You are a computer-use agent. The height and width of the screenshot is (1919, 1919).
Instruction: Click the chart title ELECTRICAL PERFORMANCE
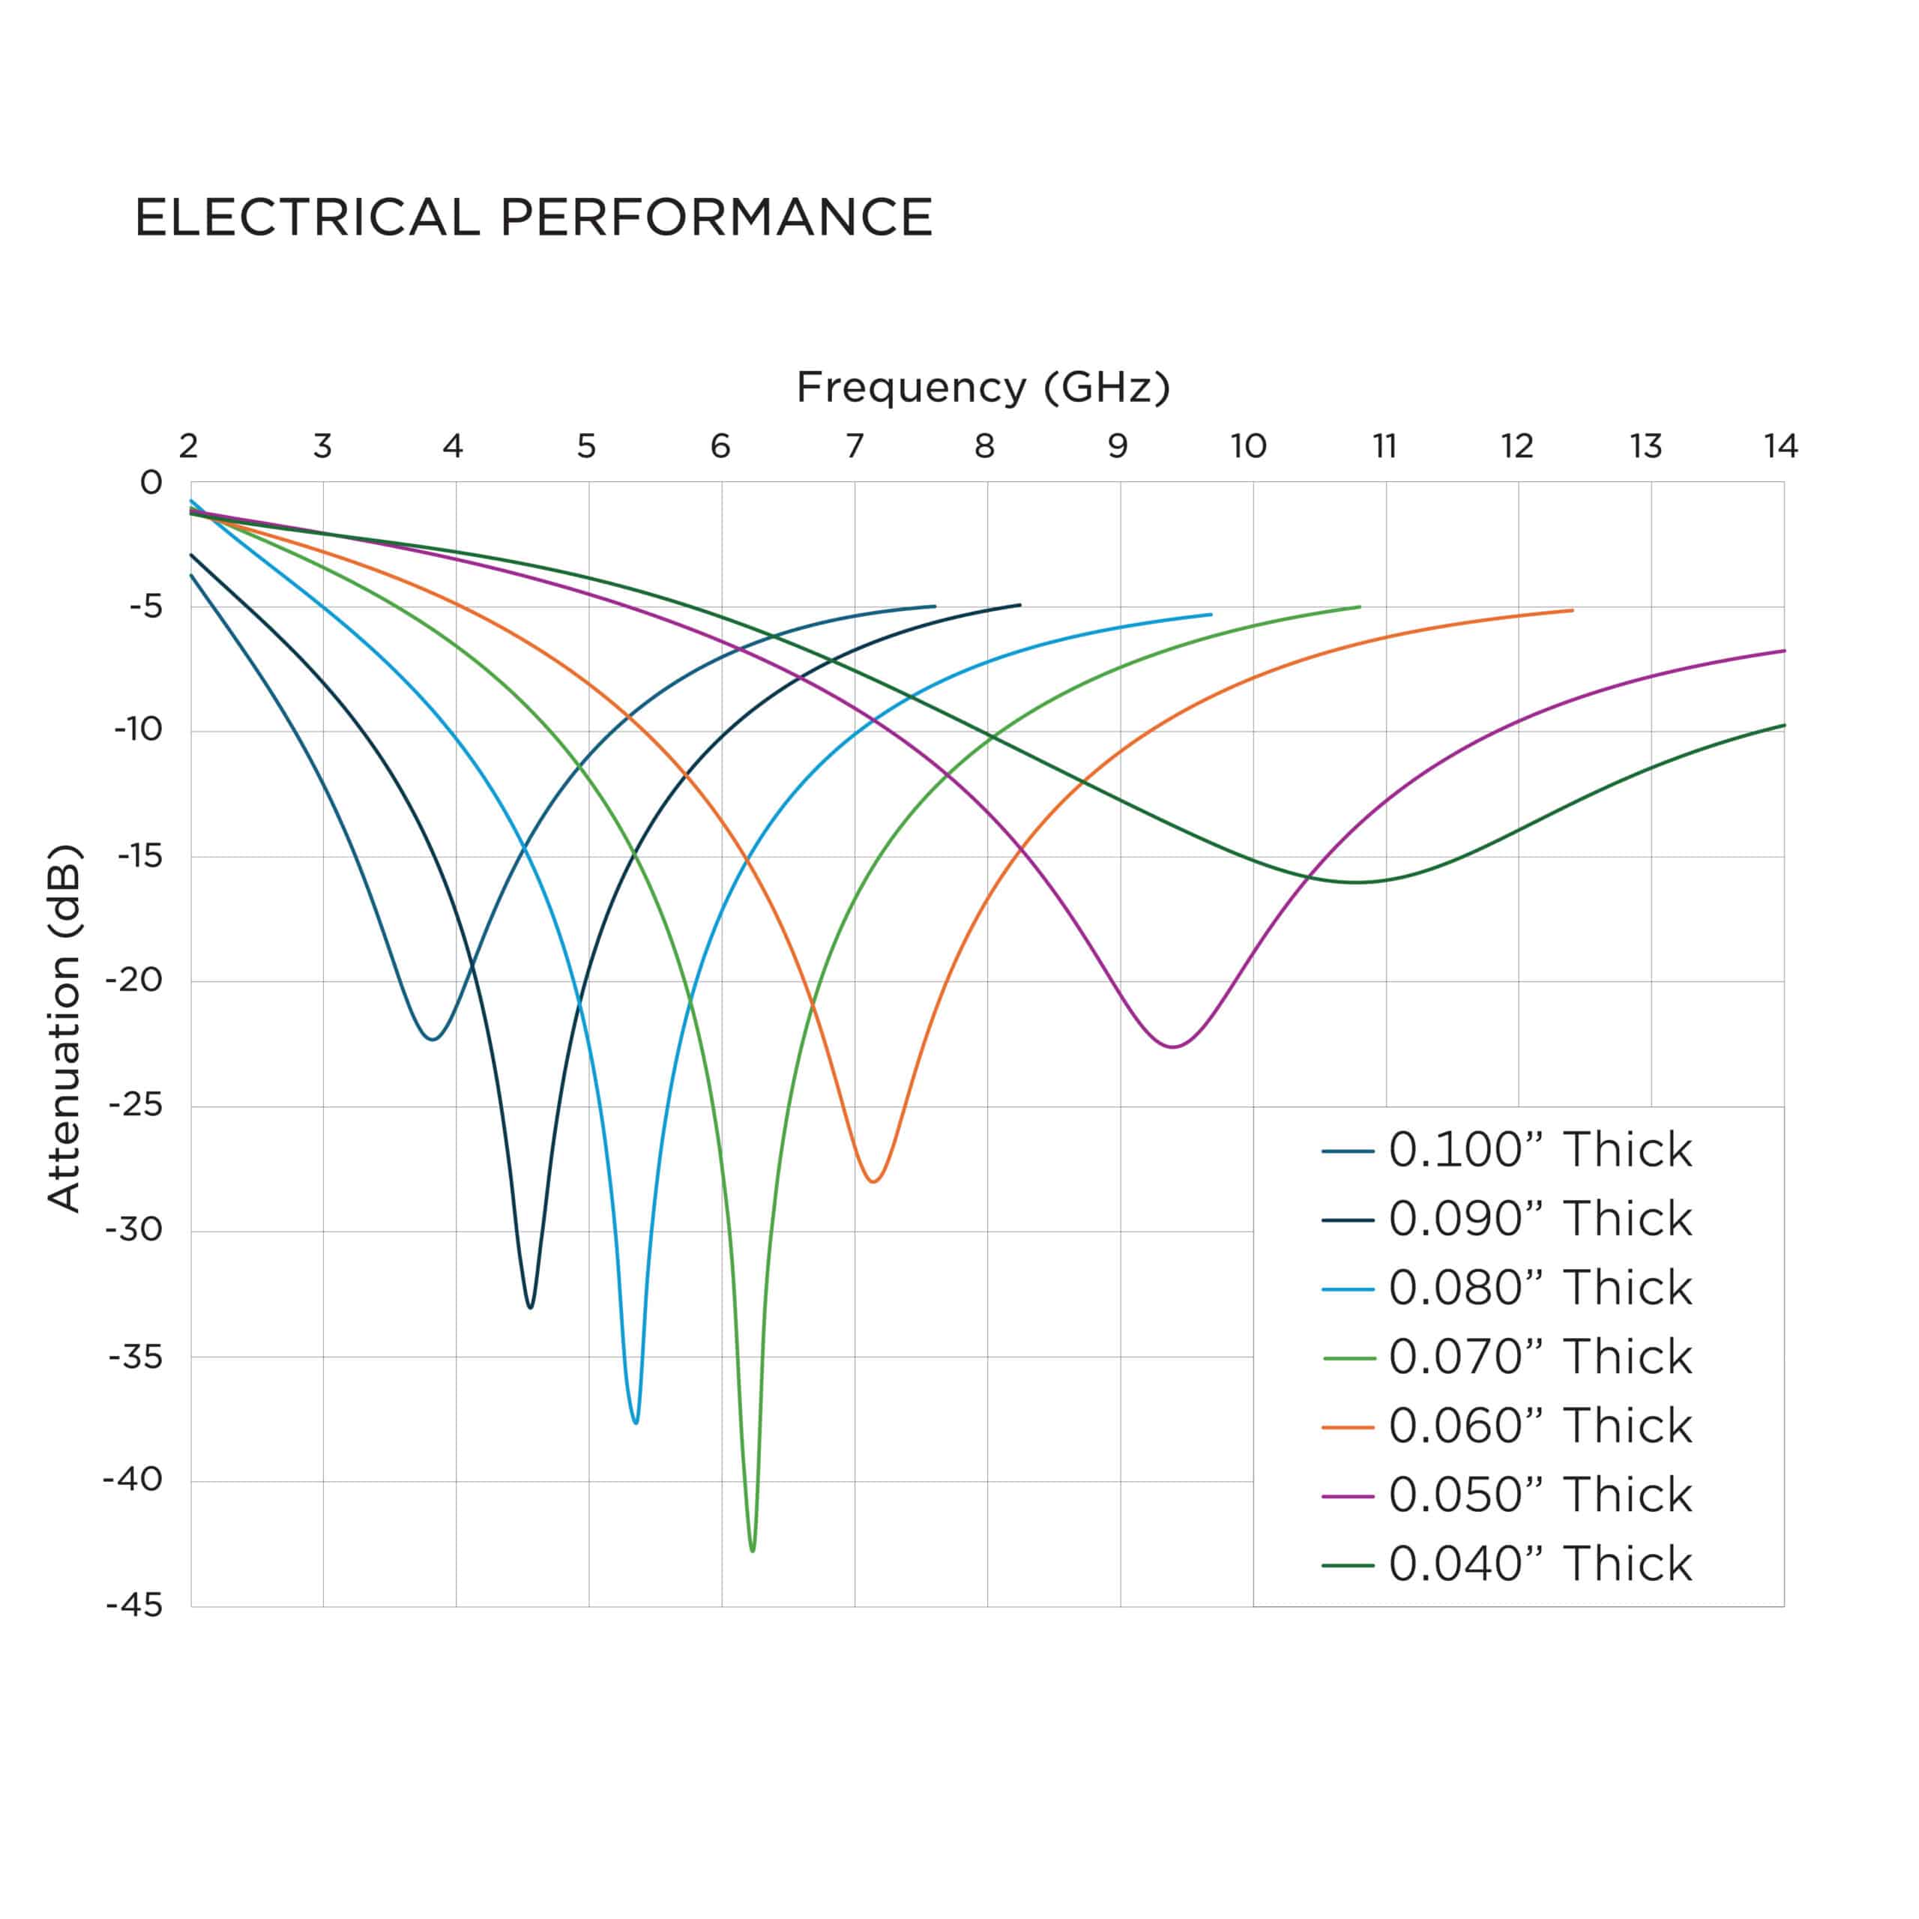[x=534, y=217]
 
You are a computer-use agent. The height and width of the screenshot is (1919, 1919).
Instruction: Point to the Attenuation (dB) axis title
[x=64, y=1027]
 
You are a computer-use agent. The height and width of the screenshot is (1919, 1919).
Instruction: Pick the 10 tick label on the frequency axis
[x=1249, y=447]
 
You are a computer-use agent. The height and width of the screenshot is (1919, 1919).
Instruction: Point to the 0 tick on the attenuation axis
[x=151, y=483]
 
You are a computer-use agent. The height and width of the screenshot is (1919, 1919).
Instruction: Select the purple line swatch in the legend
[x=1348, y=1496]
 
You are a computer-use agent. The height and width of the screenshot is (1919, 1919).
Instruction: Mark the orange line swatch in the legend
[x=1348, y=1427]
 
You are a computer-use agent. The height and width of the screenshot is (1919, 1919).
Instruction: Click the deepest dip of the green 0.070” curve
[x=753, y=1550]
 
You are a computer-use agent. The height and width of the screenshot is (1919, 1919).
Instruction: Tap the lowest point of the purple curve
[x=1173, y=1047]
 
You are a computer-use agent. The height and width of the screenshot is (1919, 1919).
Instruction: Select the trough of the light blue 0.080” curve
[x=636, y=1422]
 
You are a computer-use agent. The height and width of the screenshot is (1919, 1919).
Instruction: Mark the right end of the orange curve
[x=1573, y=610]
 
